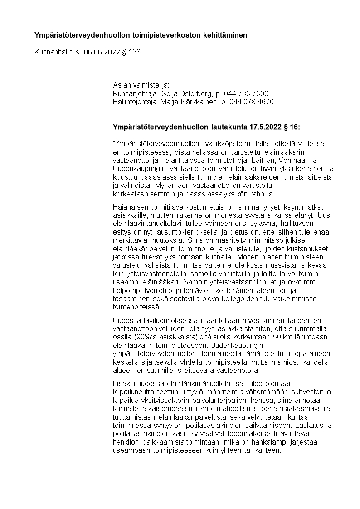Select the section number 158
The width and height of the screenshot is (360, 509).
point(135,52)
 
